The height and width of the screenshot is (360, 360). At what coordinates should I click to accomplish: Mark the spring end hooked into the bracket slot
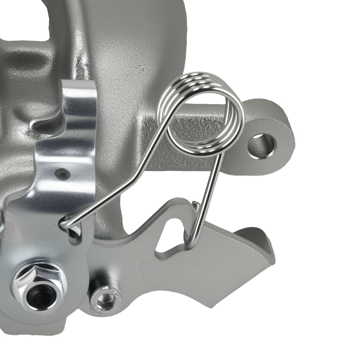point(67,225)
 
